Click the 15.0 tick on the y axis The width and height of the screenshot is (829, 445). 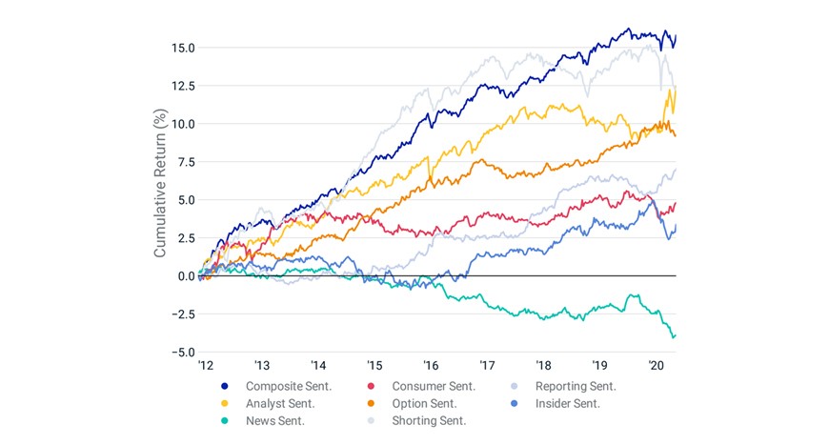(x=183, y=48)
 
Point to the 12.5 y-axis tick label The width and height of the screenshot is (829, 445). (x=183, y=86)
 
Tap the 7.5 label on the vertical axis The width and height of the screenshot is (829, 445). (x=186, y=162)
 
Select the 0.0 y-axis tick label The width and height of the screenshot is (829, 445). (x=186, y=276)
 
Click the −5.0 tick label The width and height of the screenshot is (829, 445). (x=183, y=353)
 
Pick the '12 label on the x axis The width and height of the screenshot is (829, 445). (x=206, y=366)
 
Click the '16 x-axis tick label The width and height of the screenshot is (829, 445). (x=431, y=366)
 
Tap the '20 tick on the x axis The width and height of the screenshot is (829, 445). (x=657, y=366)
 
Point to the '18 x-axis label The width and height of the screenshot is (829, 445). (x=543, y=366)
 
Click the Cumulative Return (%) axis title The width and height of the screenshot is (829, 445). (x=160, y=183)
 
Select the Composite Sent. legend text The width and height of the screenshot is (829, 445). (x=289, y=386)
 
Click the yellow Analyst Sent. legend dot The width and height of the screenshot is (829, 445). (x=225, y=404)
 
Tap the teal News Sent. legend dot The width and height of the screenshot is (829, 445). (x=225, y=421)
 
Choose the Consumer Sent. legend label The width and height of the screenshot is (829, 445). (x=434, y=386)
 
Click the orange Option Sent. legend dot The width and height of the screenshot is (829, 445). (x=371, y=404)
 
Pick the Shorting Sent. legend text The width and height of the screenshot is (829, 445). (x=429, y=421)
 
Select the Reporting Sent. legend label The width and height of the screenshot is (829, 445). (x=576, y=386)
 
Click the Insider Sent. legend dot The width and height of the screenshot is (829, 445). (x=514, y=404)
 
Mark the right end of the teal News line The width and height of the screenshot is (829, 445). (x=676, y=335)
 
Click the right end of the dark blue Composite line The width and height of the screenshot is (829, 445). (x=676, y=36)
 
